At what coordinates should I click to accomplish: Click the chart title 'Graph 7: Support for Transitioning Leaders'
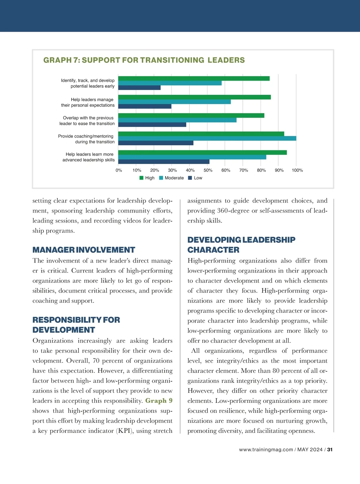(144, 60)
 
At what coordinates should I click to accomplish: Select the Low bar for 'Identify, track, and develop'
(139, 88)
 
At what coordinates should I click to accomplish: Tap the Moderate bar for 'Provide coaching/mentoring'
(207, 138)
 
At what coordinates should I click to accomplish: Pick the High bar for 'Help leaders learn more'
(202, 152)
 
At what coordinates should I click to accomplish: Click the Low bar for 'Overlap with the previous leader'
(152, 125)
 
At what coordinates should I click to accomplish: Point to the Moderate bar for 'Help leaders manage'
(174, 102)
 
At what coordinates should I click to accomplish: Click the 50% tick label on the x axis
(208, 170)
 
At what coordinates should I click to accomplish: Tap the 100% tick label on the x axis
(297, 170)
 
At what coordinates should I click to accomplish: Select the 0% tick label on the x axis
(119, 170)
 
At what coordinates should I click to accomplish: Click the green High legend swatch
(142, 178)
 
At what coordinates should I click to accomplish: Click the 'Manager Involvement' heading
(84, 250)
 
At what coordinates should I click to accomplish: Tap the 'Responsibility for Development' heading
(76, 325)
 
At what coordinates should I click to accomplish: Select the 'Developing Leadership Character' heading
(241, 245)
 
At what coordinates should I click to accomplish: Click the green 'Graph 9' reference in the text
(159, 401)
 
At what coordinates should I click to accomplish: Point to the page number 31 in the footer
(330, 449)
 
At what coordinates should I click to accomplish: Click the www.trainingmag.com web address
(266, 449)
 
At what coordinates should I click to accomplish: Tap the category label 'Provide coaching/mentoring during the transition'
(86, 139)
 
